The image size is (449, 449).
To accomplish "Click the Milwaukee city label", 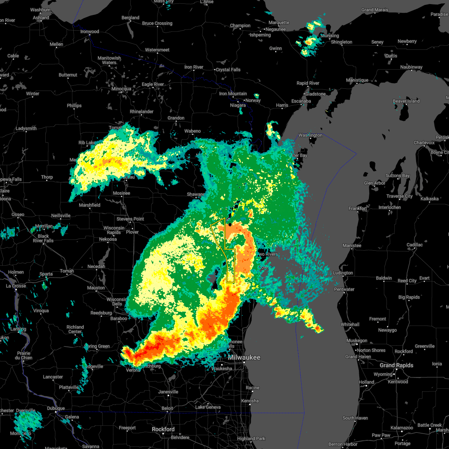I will [244, 357].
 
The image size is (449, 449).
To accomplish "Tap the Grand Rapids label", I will [396, 365].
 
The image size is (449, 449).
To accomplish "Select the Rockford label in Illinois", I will [164, 429].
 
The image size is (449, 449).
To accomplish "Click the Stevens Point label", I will [130, 219].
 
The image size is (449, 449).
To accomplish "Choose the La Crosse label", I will [16, 286].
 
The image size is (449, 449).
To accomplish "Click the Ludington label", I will [343, 273].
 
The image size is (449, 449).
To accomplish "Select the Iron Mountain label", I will [233, 94].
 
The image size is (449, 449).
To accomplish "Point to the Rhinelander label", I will [141, 112].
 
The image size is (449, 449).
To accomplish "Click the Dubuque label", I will [55, 408].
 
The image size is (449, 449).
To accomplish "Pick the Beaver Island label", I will [406, 101].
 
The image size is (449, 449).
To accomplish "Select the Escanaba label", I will [301, 101].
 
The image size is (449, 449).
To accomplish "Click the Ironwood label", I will [89, 31].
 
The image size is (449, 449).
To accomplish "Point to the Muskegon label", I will [357, 340].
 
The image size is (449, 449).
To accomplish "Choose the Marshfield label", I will [89, 205].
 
